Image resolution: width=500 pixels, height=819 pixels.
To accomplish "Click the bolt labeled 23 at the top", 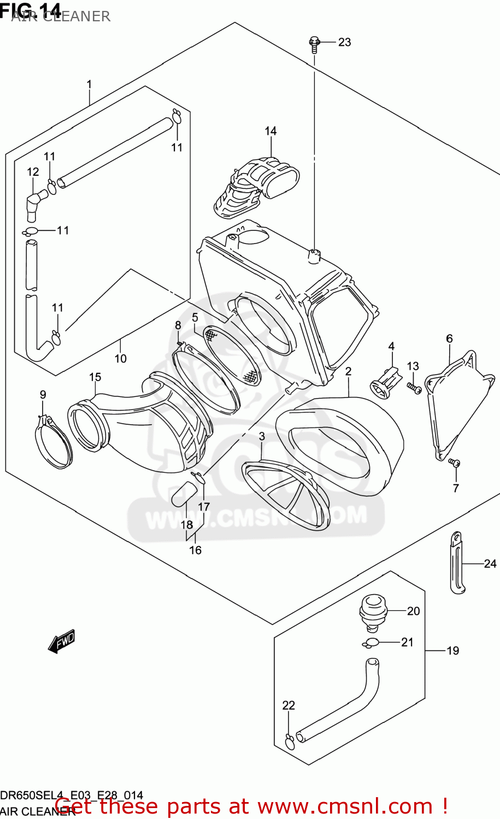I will coord(315,43).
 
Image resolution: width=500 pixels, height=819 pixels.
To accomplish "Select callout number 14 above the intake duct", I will coord(270,131).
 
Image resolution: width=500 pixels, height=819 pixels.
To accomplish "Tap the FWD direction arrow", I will coord(61,642).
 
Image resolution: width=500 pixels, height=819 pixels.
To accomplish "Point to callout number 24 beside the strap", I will coord(490,563).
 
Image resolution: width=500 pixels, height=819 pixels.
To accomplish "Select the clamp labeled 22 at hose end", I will coord(290,742).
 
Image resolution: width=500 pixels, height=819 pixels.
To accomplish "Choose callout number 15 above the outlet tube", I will coord(95,377).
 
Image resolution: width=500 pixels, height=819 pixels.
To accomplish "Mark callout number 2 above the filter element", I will coord(348,371).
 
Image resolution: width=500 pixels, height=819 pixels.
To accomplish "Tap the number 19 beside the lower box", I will coord(452,650).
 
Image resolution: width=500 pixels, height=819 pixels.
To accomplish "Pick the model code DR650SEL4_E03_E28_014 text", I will coord(72,795).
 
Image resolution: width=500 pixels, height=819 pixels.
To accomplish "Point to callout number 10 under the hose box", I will coord(120,358).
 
